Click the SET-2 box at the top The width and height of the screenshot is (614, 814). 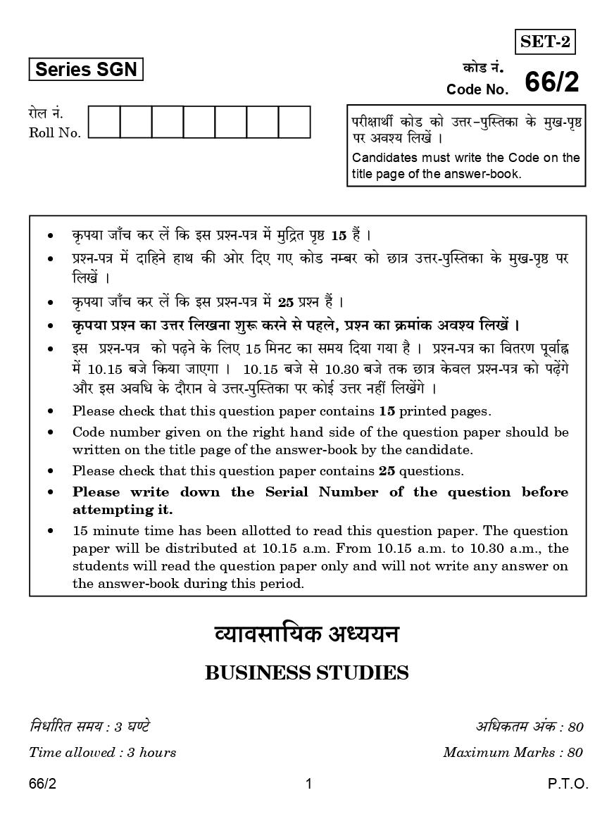pos(545,43)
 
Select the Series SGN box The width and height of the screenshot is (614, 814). pos(86,69)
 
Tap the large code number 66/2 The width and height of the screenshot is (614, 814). pos(552,82)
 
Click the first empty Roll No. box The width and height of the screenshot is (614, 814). pos(104,122)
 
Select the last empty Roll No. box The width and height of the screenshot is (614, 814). pos(294,122)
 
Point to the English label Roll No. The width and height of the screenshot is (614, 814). pos(55,132)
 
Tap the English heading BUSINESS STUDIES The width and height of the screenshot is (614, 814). pos(306,673)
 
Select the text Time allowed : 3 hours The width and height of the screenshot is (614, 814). pos(102,752)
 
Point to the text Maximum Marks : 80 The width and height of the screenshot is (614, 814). pos(513,752)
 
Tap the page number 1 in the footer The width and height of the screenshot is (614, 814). pos(308,784)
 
